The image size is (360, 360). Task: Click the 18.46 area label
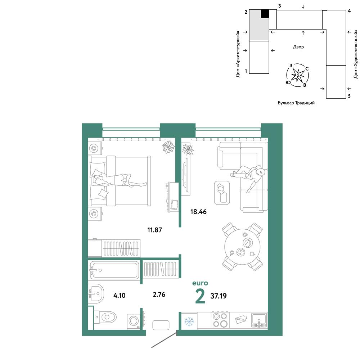coord(198,212)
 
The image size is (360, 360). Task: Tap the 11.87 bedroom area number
coord(154,230)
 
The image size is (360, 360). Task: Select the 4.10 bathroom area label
coord(120,295)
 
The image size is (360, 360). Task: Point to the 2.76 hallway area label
coord(159,294)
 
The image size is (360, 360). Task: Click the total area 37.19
coord(219,296)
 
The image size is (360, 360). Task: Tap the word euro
coord(200,283)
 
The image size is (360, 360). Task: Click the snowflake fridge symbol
coord(189,321)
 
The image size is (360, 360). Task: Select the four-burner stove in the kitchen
coord(220,320)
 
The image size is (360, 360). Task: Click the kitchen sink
coord(259,320)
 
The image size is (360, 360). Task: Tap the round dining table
coord(242,247)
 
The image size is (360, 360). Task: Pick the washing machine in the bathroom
coord(134,321)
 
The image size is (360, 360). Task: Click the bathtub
coord(114,270)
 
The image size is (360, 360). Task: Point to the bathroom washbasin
coord(96,293)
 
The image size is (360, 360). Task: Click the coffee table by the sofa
coord(222,193)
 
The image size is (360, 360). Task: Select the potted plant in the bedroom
coord(168,147)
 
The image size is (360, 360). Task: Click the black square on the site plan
coord(265,14)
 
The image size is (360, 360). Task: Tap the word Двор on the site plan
coord(298,47)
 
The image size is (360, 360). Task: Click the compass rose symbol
coord(298,75)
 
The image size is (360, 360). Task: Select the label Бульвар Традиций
coord(296,103)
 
